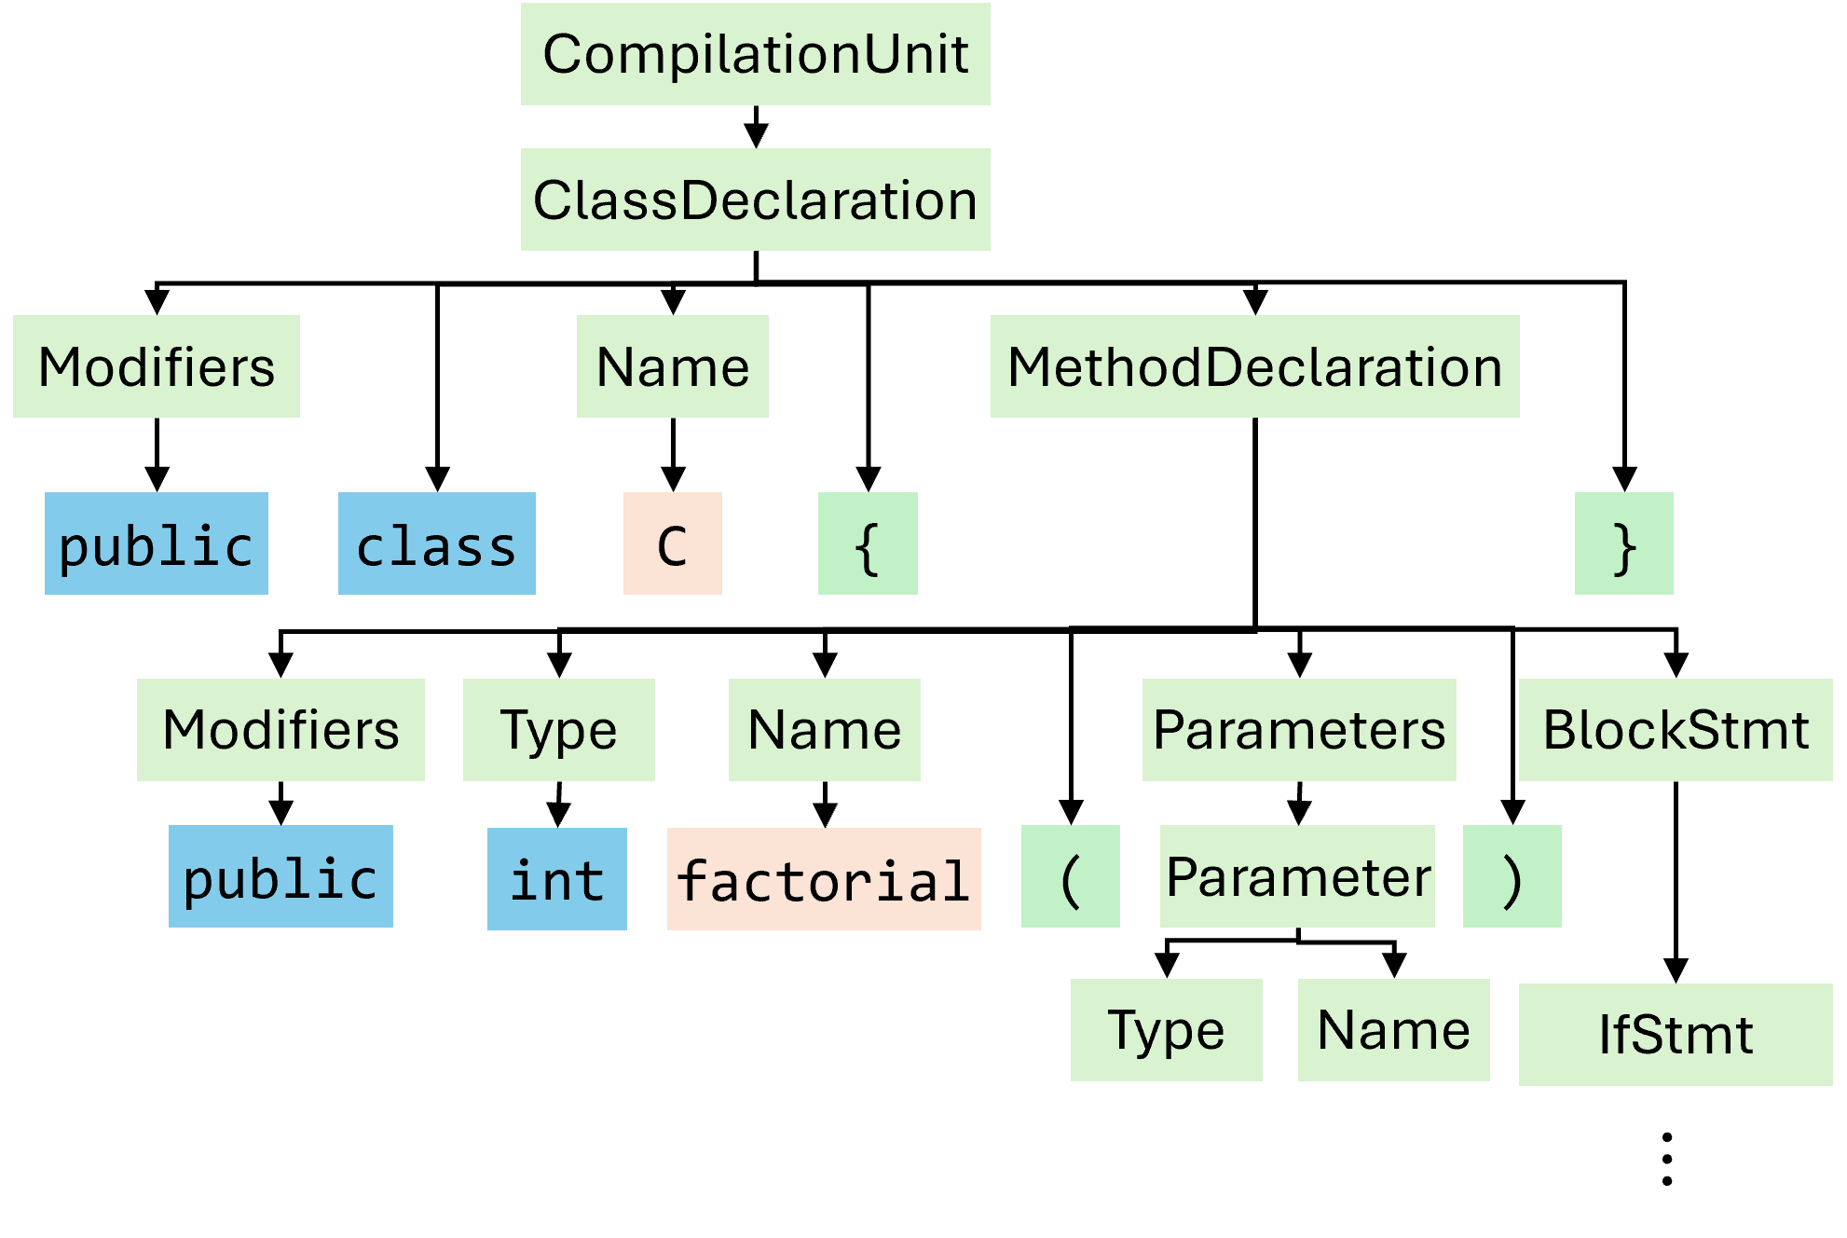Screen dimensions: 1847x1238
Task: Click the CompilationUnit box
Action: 755,54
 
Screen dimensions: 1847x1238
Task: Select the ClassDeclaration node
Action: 755,199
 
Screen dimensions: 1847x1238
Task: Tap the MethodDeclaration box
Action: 1254,366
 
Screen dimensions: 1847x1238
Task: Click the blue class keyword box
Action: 436,543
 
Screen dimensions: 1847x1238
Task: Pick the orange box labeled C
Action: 672,543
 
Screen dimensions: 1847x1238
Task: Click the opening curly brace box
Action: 868,543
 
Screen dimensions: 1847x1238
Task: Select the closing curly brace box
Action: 1623,543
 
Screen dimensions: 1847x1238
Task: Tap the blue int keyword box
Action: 556,879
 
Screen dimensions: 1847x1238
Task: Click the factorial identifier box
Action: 824,879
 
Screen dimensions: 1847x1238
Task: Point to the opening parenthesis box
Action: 1070,876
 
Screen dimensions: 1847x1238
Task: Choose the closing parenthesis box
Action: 1512,876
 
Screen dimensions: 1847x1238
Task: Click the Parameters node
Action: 1299,730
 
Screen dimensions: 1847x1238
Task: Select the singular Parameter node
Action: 1297,876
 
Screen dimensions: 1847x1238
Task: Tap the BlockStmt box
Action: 1676,730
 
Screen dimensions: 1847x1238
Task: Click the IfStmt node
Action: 1676,1035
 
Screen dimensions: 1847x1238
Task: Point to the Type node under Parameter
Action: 1166,1030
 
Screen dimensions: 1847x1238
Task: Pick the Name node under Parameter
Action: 1393,1030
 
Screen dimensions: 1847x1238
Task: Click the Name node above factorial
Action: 824,730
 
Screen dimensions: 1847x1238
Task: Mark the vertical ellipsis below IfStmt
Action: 1667,1160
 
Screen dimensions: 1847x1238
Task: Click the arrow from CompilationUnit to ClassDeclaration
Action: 756,127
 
